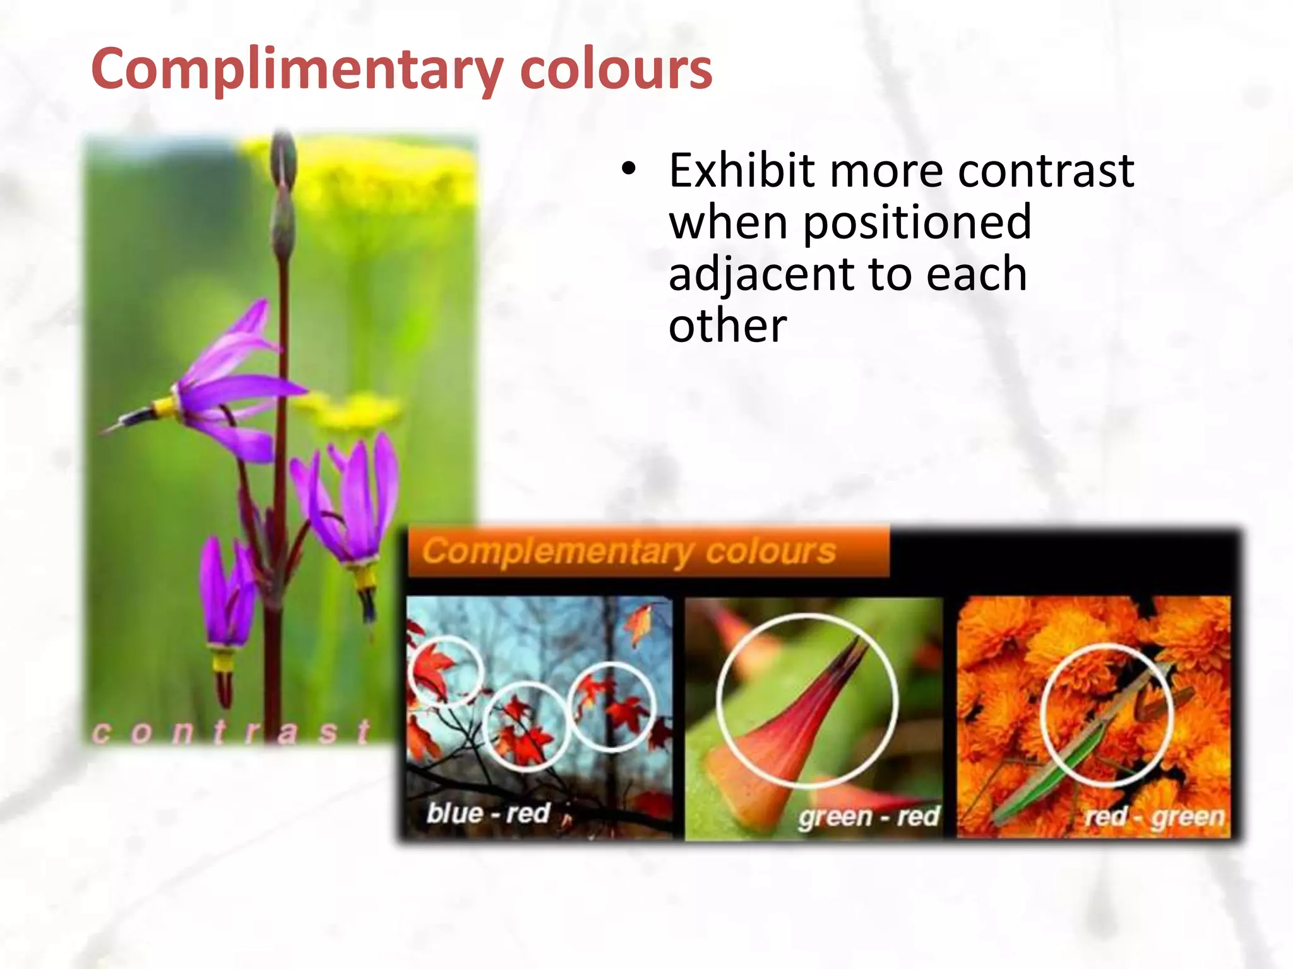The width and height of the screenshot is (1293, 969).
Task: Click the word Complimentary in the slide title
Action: coord(297,69)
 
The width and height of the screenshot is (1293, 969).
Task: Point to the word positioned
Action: coord(917,222)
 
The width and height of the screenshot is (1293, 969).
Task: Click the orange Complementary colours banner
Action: coord(648,552)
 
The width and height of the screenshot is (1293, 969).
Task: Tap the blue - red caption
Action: coord(488,813)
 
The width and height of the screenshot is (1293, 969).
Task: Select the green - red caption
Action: coord(869,816)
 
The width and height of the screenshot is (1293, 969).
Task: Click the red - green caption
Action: coord(1154,816)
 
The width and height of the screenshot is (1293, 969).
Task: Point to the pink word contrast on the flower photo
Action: coord(231,732)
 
